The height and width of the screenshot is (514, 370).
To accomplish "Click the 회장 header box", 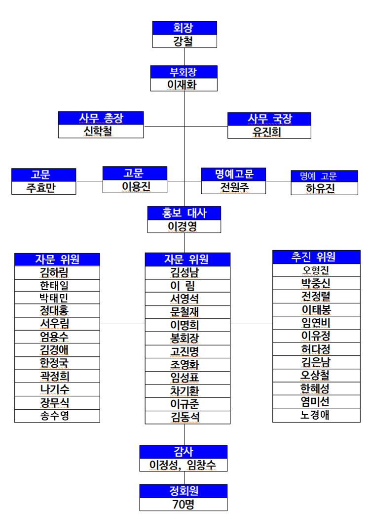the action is tap(185, 28).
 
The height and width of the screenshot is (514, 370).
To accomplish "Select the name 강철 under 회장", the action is tap(183, 42).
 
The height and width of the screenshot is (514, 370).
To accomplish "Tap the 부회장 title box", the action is tap(184, 72).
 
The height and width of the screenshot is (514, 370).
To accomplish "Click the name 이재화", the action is tap(182, 85).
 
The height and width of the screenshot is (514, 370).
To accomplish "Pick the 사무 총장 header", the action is tap(101, 118).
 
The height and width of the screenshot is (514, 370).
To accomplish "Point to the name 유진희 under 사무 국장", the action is tap(266, 132).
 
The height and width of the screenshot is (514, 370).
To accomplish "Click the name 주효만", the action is tap(41, 188).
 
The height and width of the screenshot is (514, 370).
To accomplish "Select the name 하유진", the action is tap(320, 188).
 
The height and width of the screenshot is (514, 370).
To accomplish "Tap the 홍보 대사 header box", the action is tap(184, 213).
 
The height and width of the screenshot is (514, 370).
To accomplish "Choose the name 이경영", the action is tap(182, 226).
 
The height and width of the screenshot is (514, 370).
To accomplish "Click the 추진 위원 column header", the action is tap(316, 257).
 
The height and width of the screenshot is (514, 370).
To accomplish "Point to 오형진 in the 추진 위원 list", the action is tap(316, 270).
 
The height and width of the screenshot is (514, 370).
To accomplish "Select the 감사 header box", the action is tap(183, 452).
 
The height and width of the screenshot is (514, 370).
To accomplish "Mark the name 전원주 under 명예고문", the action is tap(234, 187).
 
